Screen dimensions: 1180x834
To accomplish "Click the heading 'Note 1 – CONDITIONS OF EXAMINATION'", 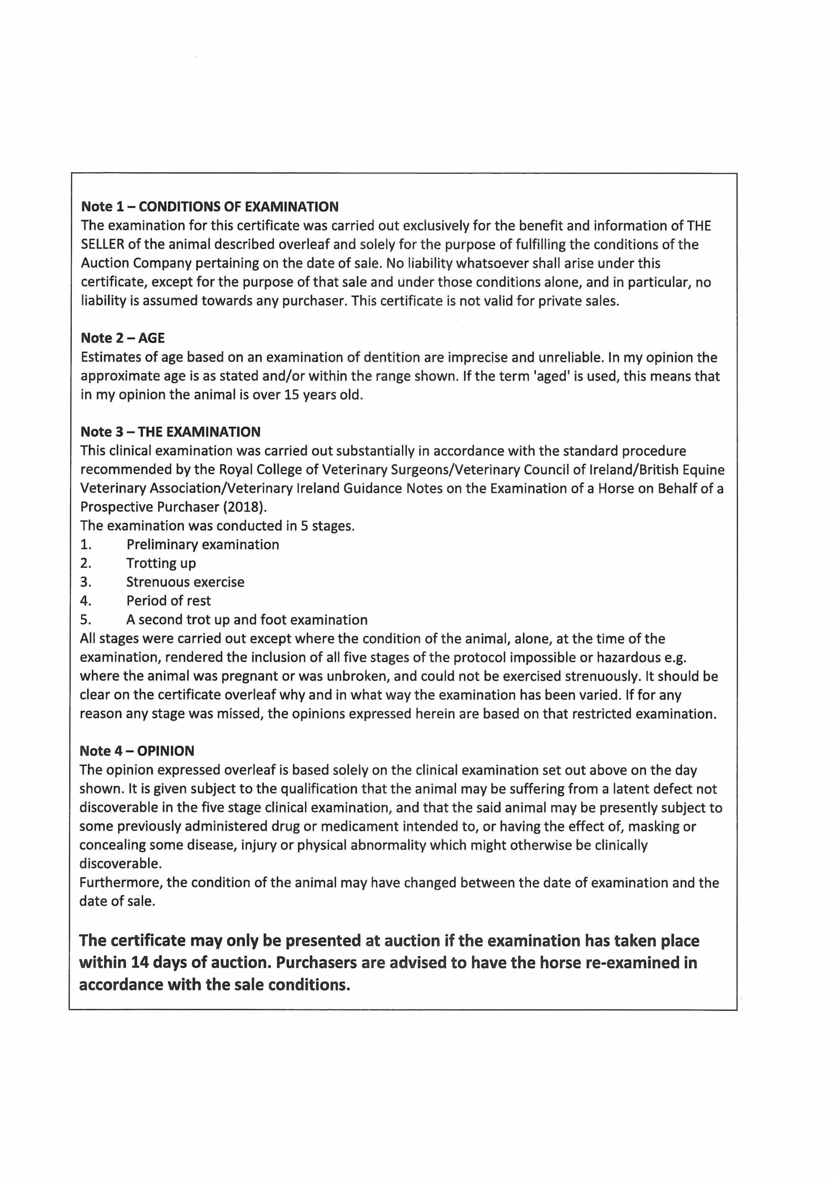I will pyautogui.click(x=210, y=206).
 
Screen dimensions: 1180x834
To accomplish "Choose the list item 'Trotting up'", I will pyautogui.click(x=161, y=563).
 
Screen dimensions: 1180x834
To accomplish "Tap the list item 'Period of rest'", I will pyautogui.click(x=168, y=601).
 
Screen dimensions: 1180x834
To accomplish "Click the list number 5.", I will pyautogui.click(x=85, y=620).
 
